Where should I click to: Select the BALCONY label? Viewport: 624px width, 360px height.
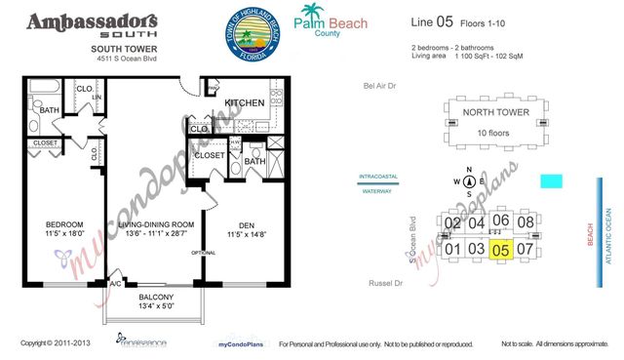pyautogui.click(x=156, y=298)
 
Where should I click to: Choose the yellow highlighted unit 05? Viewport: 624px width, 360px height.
pyautogui.click(x=501, y=249)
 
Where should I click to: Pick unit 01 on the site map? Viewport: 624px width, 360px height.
pyautogui.click(x=452, y=249)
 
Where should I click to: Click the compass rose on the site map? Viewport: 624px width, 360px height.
pyautogui.click(x=469, y=180)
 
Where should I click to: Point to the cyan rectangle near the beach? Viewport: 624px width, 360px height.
pyautogui.click(x=552, y=181)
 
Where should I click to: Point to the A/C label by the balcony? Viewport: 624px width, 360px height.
pyautogui.click(x=115, y=284)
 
